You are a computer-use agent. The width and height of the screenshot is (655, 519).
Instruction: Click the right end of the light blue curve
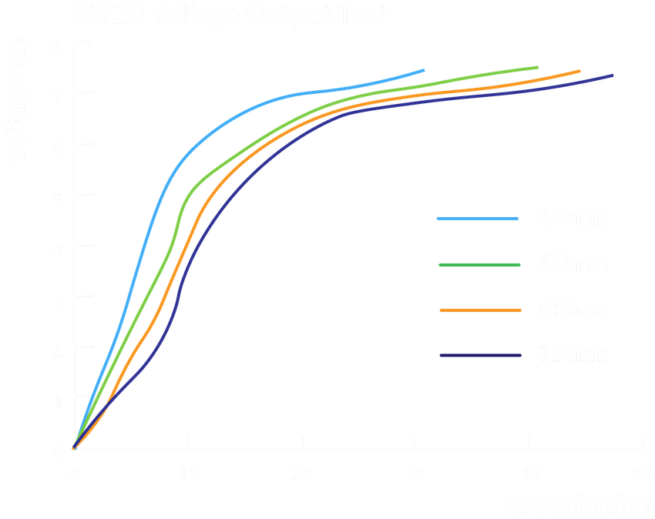pyautogui.click(x=423, y=70)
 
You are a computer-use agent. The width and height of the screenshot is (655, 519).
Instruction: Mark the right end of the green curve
pyautogui.click(x=537, y=68)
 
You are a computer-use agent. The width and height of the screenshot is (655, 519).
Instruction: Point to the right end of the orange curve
pyautogui.click(x=579, y=71)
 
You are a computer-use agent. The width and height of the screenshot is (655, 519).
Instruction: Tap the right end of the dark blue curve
pyautogui.click(x=613, y=75)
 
